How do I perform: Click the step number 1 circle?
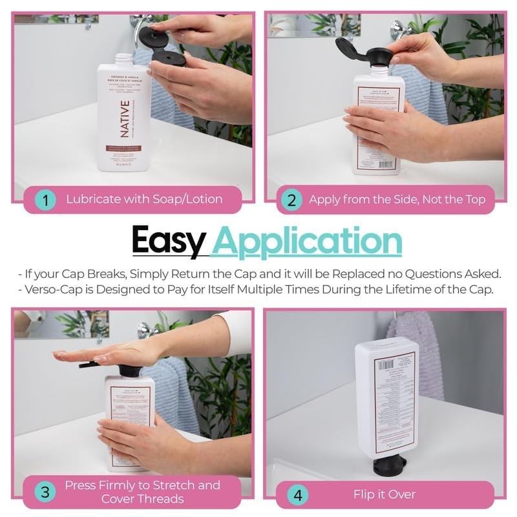pos(45,200)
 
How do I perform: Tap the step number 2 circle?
pos(291,200)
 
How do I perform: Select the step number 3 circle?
pos(45,492)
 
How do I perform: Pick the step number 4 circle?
pos(298,495)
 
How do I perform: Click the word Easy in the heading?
pos(169,242)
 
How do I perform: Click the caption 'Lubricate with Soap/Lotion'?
pos(144,199)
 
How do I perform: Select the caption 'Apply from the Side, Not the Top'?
pos(397,200)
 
